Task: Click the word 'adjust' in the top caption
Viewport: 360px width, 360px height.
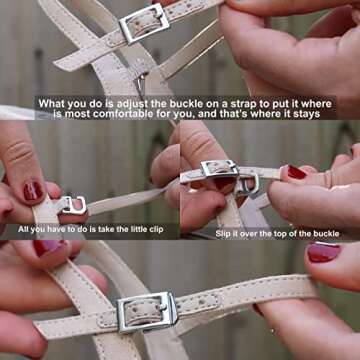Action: point(135,104)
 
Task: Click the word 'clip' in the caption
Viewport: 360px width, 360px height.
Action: point(156,230)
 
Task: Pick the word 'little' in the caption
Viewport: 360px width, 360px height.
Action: point(136,229)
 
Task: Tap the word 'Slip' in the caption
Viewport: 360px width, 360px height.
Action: point(223,234)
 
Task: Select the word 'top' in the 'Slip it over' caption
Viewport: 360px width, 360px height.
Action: point(282,234)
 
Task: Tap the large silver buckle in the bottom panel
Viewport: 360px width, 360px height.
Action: point(147,312)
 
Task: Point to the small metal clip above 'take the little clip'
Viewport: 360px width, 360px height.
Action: point(73,205)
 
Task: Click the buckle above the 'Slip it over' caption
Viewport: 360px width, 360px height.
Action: point(219,168)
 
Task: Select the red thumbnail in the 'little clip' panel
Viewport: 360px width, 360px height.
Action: point(33,191)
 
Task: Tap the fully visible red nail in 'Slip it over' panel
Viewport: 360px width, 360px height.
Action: point(296,172)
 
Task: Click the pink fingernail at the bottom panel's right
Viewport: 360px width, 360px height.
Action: point(323,252)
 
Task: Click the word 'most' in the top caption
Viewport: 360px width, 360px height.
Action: point(77,114)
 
